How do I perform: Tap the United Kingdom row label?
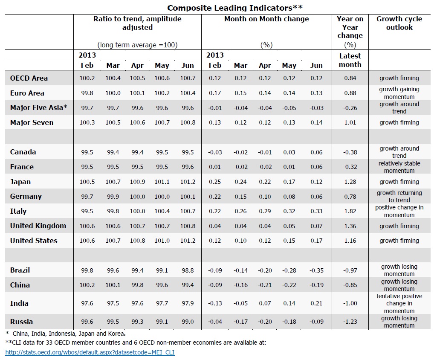pyautogui.click(x=38, y=226)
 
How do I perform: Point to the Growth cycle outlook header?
pyautogui.click(x=399, y=23)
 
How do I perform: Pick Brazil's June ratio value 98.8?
pyautogui.click(x=188, y=270)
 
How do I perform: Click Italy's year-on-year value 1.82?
pyautogui.click(x=350, y=211)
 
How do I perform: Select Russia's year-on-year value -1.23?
pyautogui.click(x=350, y=322)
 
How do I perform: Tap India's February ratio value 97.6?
pyautogui.click(x=87, y=303)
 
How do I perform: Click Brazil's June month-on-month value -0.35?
pyautogui.click(x=316, y=270)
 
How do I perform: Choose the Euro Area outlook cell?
pyautogui.click(x=399, y=93)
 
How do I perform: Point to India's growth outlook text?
pyautogui.click(x=399, y=303)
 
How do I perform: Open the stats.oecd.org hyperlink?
pyautogui.click(x=90, y=352)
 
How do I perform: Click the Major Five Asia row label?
pyautogui.click(x=39, y=108)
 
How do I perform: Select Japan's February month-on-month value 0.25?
pyautogui.click(x=215, y=182)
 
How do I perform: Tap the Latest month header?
pyautogui.click(x=350, y=60)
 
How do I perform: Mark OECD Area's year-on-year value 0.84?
pyautogui.click(x=350, y=78)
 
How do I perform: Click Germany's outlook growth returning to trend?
pyautogui.click(x=399, y=196)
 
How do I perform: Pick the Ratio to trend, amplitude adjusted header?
pyautogui.click(x=137, y=23)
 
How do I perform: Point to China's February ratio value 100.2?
pyautogui.click(x=87, y=285)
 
